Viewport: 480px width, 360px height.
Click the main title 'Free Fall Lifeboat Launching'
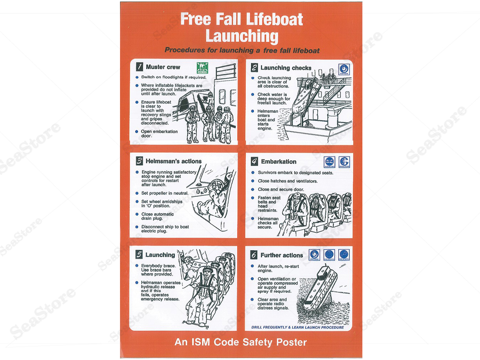tap(241, 27)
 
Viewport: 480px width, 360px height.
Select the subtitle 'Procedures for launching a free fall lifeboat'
tap(242, 50)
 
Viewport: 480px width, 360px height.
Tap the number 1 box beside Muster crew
tap(139, 67)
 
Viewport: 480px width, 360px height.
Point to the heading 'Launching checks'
tap(286, 68)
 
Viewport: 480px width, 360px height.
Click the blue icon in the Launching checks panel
tap(344, 68)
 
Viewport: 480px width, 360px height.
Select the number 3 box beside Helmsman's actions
tap(139, 161)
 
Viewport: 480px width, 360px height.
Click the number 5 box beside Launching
tap(139, 255)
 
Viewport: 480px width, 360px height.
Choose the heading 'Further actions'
tap(281, 255)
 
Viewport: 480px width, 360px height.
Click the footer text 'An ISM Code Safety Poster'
tap(240, 342)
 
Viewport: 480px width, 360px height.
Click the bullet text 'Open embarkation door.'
tap(159, 133)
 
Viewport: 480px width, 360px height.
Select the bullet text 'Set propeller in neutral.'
tap(164, 193)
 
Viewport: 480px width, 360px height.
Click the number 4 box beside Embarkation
tap(254, 162)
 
